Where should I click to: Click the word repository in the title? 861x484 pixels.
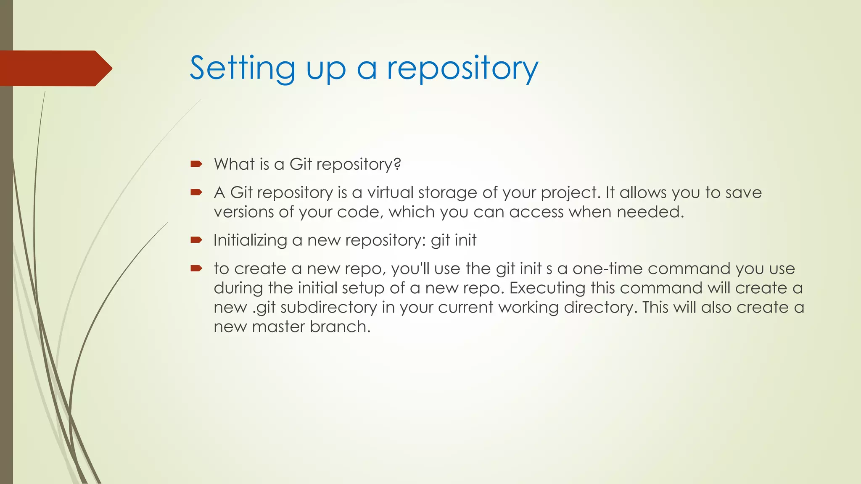462,68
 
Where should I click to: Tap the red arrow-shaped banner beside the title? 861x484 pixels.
55,68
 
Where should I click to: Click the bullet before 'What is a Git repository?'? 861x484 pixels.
196,164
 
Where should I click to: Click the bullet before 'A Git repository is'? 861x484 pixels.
196,192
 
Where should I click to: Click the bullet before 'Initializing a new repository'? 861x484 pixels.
196,240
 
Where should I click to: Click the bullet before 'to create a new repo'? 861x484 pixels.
196,268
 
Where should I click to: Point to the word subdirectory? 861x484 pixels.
329,307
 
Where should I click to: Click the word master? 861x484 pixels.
278,326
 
